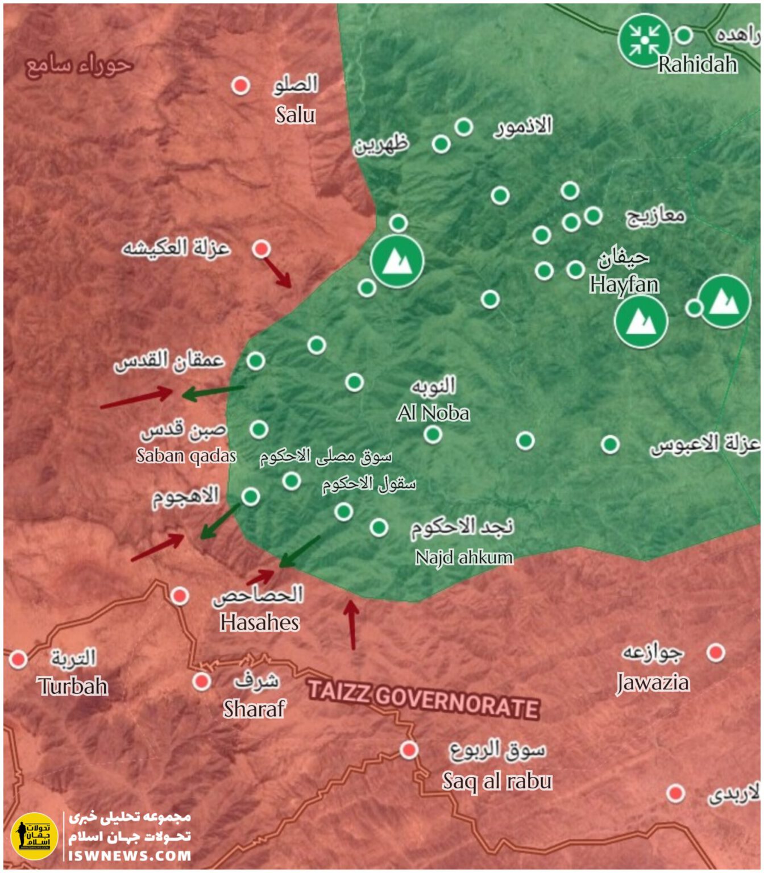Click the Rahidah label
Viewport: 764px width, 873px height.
697,64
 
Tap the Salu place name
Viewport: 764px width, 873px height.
295,115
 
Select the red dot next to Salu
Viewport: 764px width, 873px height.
240,86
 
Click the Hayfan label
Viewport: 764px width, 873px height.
624,284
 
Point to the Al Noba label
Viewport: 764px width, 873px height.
433,413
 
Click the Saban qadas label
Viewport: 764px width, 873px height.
186,455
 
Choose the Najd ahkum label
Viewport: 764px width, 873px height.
464,557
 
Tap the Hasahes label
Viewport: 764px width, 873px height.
259,622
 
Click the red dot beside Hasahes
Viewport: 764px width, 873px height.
180,596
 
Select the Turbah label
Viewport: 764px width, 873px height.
73,686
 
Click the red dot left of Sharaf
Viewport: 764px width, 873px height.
201,681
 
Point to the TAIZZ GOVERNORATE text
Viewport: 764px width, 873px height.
423,700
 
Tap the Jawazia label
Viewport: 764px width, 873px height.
653,682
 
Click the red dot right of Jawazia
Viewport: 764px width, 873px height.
715,652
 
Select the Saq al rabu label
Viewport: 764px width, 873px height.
497,781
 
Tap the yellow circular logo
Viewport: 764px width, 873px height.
34,836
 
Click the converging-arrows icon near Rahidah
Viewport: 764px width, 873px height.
645,40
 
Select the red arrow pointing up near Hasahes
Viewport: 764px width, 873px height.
352,625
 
